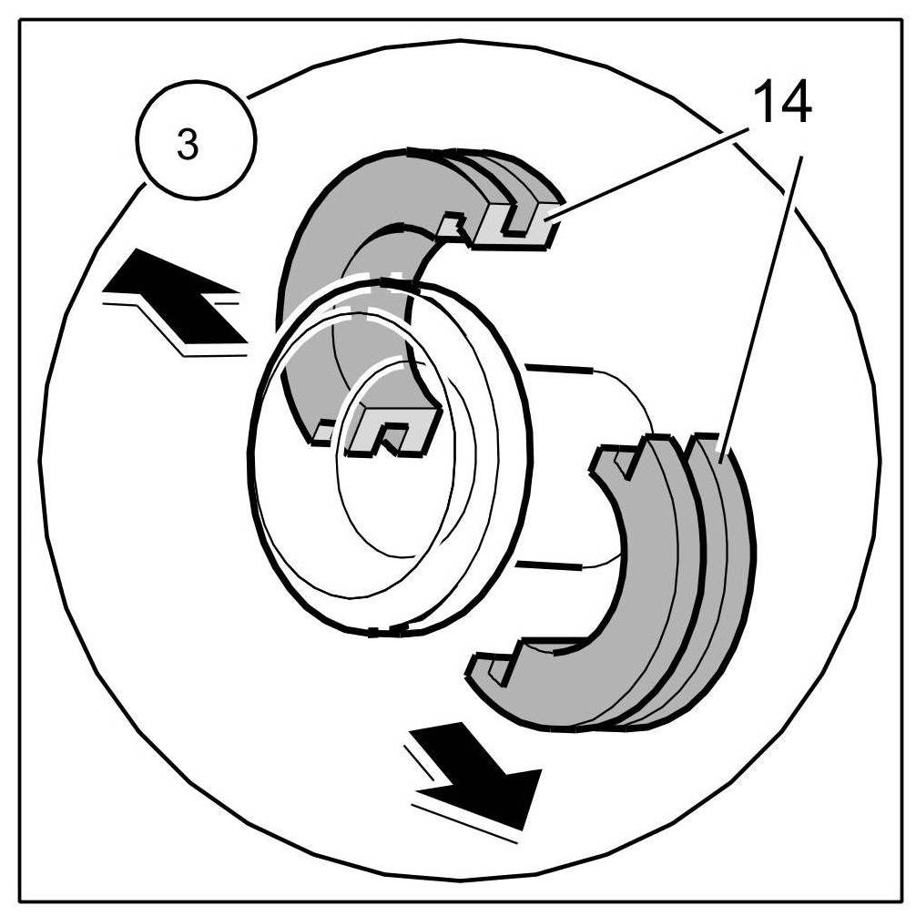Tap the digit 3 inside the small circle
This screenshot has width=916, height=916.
pyautogui.click(x=188, y=146)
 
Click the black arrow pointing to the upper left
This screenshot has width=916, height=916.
pyautogui.click(x=178, y=300)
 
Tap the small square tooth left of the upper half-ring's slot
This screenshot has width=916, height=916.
pyautogui.click(x=453, y=222)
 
